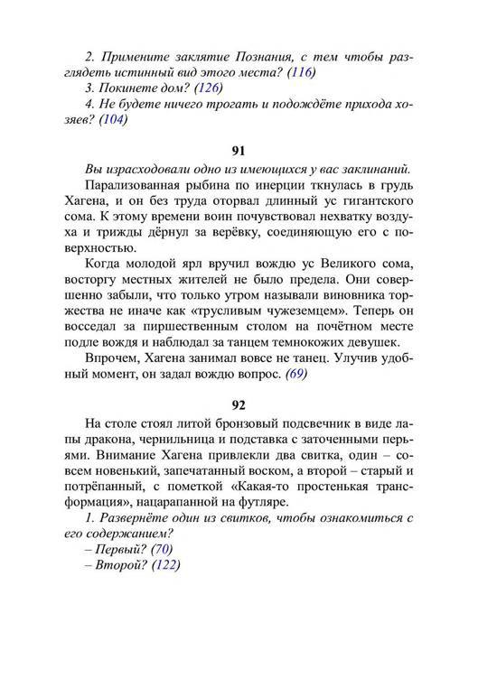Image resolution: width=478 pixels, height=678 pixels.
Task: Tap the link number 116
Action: [x=304, y=71]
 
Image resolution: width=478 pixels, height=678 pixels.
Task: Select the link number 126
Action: [x=209, y=88]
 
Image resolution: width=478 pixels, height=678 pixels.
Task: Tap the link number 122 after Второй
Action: [x=165, y=566]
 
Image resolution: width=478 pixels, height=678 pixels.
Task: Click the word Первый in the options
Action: [x=117, y=549]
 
